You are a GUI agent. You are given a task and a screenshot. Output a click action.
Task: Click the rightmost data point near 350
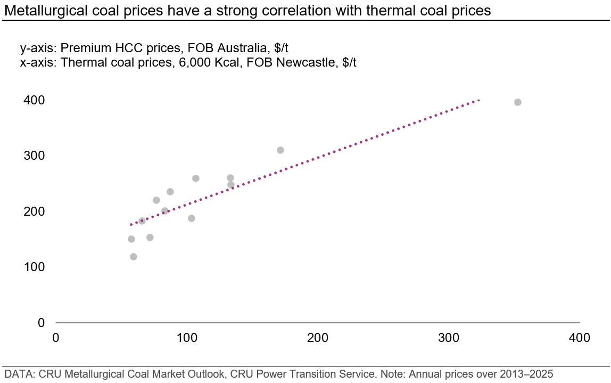(x=517, y=102)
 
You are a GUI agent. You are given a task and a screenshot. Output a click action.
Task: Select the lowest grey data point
(x=133, y=257)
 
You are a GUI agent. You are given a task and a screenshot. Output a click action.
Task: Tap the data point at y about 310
(x=280, y=150)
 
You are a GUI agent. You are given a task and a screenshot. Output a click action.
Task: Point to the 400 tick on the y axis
(x=34, y=100)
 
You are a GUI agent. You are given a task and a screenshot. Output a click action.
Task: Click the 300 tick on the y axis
(x=34, y=156)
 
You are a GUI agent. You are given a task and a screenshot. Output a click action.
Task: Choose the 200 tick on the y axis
(x=34, y=211)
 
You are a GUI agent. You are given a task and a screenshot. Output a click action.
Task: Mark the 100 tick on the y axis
(x=34, y=267)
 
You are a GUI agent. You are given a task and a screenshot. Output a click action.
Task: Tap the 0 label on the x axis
(x=56, y=338)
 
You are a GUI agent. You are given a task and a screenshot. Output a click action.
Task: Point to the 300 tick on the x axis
(x=449, y=338)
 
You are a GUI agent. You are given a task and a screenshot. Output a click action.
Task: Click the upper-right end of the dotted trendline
(x=479, y=100)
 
